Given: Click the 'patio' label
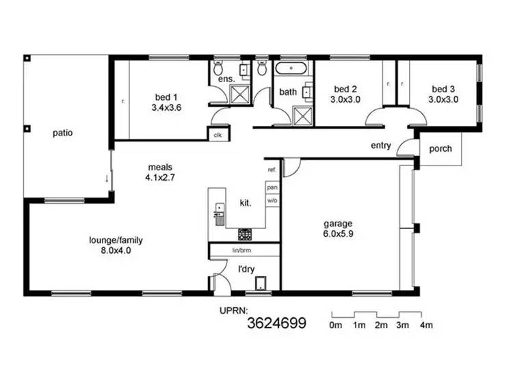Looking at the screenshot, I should [x=62, y=133].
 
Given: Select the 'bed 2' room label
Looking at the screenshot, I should [x=346, y=89].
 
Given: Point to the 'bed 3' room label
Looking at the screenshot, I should [x=443, y=89].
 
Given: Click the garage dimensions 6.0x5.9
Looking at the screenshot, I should [x=339, y=234].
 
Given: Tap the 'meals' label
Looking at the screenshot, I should [x=159, y=166].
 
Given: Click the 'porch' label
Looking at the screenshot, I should [x=440, y=150].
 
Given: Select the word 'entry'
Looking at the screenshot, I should [x=381, y=146].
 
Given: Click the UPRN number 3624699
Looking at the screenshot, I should [x=276, y=321].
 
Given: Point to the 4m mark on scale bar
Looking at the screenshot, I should [x=426, y=325].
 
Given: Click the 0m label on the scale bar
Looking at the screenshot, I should [x=335, y=325].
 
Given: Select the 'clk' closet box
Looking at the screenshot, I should [x=218, y=135].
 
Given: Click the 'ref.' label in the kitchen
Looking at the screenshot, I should [x=272, y=169].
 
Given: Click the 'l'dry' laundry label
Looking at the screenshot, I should [x=246, y=269].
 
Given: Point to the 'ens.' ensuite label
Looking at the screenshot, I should [x=226, y=79].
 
